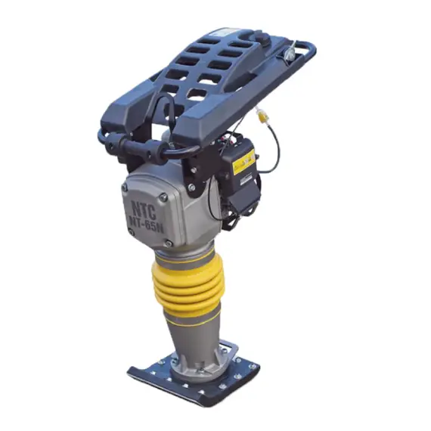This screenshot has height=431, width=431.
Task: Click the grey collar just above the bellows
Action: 185,250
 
